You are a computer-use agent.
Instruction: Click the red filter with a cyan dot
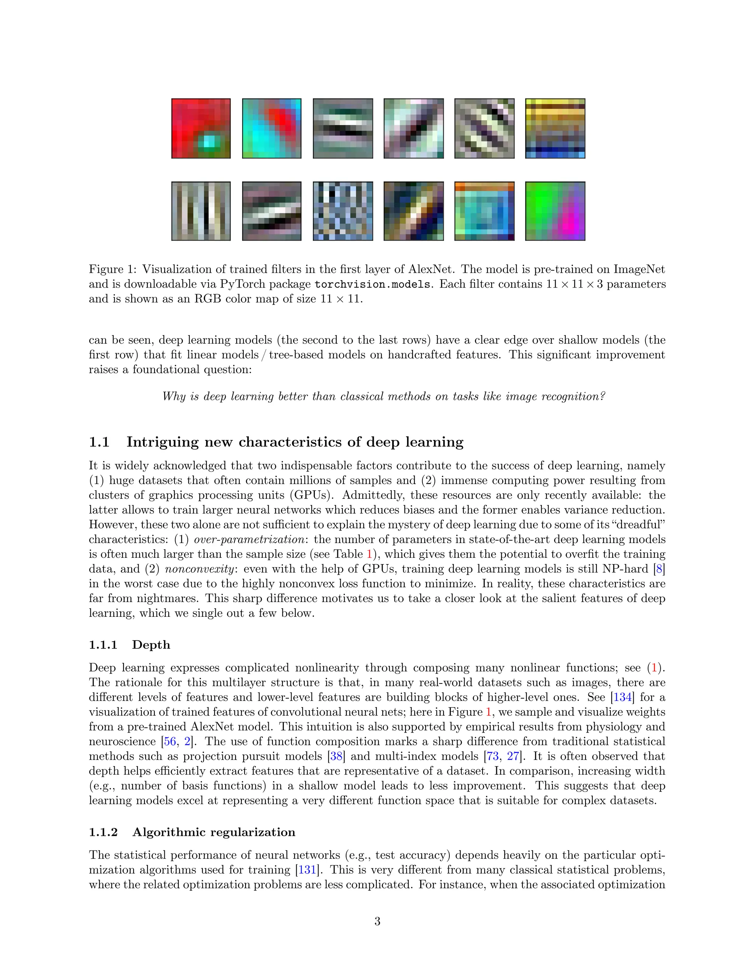point(201,128)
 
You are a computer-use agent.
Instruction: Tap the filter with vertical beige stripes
point(201,211)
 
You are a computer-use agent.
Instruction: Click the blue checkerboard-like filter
point(342,211)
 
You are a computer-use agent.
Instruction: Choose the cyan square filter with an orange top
point(484,211)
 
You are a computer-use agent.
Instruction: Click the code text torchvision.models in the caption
point(372,285)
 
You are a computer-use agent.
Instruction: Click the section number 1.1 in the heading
point(99,442)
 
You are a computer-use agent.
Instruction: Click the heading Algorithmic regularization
point(214,832)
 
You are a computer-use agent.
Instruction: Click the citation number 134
point(623,698)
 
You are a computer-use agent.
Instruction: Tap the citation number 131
point(308,870)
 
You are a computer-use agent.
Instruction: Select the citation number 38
point(336,757)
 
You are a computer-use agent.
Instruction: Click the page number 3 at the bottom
point(377,921)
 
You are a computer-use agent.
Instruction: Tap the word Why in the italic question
point(174,397)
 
